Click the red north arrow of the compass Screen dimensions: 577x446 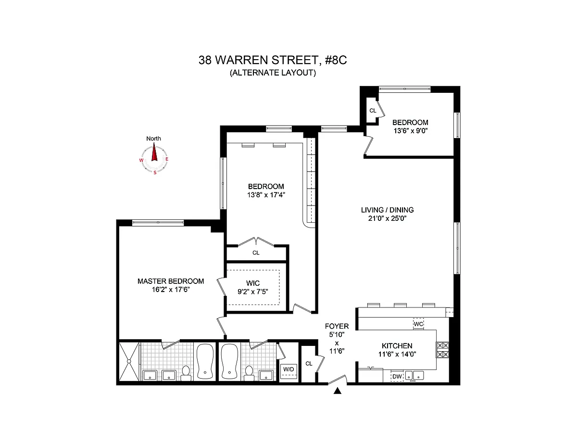pos(154,152)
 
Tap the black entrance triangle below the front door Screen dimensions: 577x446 pos(337,391)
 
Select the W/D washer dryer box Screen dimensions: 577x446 pos(288,371)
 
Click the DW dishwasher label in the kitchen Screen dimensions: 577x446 pos(397,376)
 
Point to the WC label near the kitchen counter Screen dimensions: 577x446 pos(418,324)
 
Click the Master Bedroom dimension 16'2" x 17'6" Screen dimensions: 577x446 pos(171,289)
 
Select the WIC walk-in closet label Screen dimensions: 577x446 pos(253,283)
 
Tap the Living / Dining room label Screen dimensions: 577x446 pos(387,210)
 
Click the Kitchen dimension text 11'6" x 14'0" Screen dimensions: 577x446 pos(397,354)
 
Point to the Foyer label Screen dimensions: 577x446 pos(337,326)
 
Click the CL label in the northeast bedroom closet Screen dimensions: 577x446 pos(373,111)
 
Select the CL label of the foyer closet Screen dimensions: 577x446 pos(309,364)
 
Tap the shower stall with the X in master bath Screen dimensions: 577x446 pos(129,361)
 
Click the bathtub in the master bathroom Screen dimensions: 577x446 pos(205,361)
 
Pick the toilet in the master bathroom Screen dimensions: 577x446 pos(186,373)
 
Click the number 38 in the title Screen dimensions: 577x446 pos(205,60)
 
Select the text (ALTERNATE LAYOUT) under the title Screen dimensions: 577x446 pos(273,73)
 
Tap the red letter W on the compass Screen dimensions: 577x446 pos(141,160)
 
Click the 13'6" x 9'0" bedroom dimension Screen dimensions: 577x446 pos(410,131)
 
